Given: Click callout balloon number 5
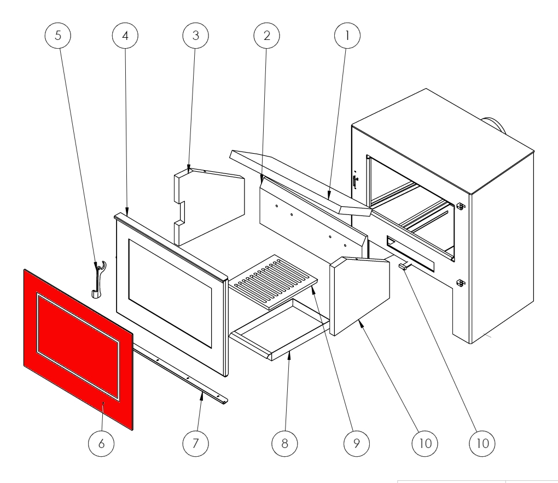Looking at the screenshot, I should tap(57, 36).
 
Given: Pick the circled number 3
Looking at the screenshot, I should tap(196, 36).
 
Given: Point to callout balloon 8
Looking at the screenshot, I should tap(284, 443).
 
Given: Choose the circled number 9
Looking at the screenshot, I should tap(356, 443).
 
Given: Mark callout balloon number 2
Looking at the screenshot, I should tap(267, 36).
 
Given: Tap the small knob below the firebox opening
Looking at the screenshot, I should tap(405, 266).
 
